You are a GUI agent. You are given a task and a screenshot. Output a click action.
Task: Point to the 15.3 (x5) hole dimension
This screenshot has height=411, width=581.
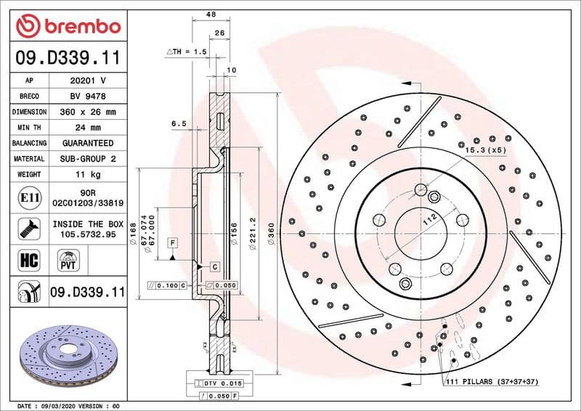486,150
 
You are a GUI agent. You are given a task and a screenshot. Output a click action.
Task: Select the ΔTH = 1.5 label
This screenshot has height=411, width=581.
187,52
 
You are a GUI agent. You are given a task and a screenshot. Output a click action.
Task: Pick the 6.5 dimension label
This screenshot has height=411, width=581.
179,124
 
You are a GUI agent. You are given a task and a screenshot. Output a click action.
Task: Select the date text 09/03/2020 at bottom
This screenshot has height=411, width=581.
70,405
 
